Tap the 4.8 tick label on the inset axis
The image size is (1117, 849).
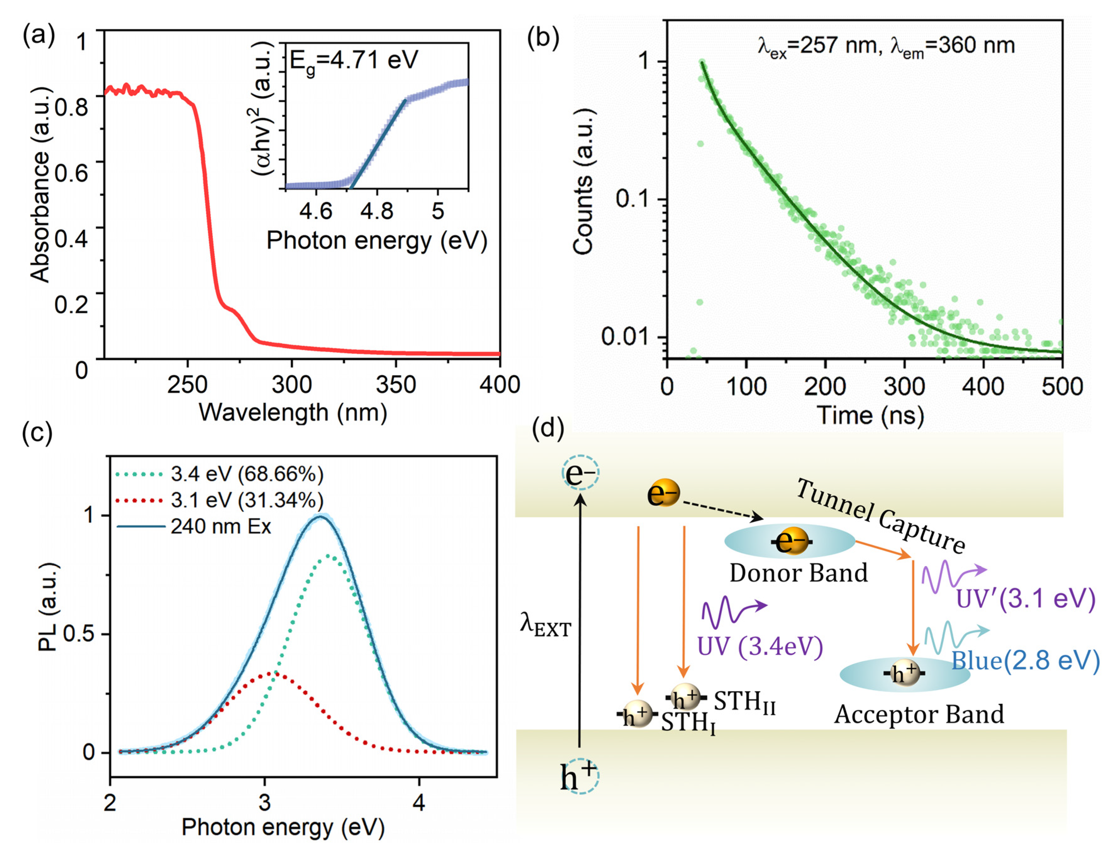click(377, 211)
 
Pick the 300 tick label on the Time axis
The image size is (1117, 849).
click(904, 386)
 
